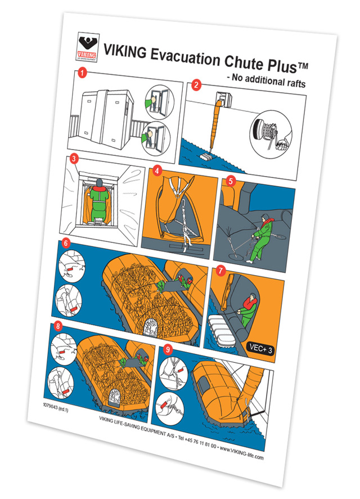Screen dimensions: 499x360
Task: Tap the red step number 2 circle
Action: (x=196, y=86)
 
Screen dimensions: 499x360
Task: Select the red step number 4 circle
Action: (x=157, y=169)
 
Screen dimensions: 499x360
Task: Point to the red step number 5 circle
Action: (x=229, y=181)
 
